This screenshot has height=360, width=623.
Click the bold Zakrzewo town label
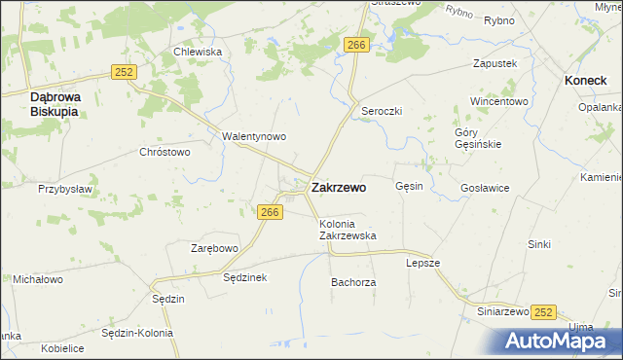coord(339,188)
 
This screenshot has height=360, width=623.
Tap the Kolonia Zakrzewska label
coord(348,230)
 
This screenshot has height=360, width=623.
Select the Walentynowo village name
coord(254,137)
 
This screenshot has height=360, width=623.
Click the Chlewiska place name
coord(198,52)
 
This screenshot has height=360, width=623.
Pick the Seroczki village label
coord(382,111)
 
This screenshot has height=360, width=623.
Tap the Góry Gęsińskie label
coord(477,138)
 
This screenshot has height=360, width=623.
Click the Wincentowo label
coord(498,101)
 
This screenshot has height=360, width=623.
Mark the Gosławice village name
coord(486,188)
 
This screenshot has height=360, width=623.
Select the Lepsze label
coord(423,263)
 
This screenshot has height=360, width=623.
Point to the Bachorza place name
coord(353,282)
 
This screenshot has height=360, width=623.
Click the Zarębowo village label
coord(214,249)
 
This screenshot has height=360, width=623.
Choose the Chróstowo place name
coord(165,152)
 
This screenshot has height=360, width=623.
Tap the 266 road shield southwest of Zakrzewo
coord(271,213)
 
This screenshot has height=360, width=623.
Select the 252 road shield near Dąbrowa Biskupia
coord(124,72)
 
